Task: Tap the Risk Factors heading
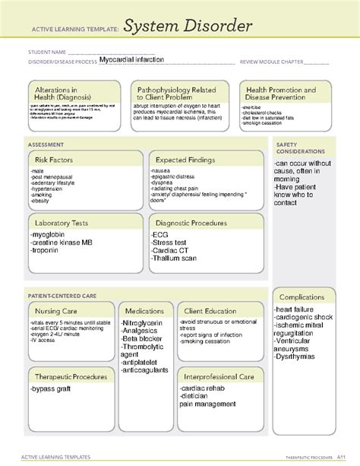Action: pos(56,160)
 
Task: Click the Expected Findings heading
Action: pos(185,160)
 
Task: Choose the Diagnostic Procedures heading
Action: pos(191,223)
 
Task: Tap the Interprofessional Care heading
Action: pos(219,376)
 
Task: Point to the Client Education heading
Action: pos(210,311)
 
